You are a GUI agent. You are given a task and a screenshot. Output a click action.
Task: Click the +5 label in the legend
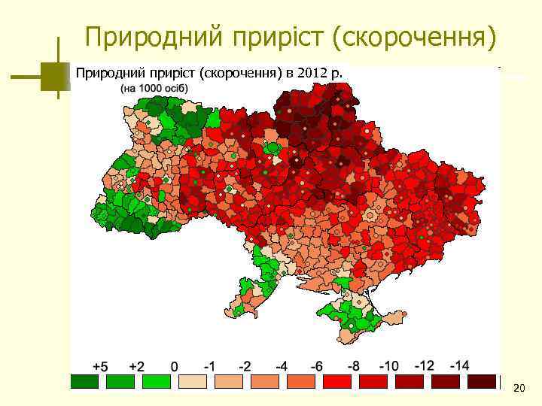tap(100, 366)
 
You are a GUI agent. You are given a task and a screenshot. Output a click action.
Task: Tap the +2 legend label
tap(136, 366)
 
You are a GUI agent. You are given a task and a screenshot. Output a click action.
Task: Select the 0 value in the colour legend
tap(175, 366)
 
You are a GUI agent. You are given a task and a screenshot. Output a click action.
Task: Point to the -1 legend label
tap(211, 366)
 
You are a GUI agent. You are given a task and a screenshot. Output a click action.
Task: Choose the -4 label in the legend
tap(282, 366)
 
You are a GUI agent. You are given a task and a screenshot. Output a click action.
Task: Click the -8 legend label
tap(352, 366)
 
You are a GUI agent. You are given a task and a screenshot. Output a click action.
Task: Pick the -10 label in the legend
tap(388, 366)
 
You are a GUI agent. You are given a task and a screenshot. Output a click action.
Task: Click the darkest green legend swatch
tap(84, 381)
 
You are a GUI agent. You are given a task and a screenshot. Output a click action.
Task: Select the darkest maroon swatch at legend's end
tap(482, 381)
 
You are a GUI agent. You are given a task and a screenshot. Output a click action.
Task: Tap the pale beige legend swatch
tap(193, 381)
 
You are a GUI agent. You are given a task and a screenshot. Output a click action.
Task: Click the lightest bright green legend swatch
tap(157, 381)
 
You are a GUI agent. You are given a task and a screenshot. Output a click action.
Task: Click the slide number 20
tap(518, 388)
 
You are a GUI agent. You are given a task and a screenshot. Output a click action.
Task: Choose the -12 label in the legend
tap(424, 366)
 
